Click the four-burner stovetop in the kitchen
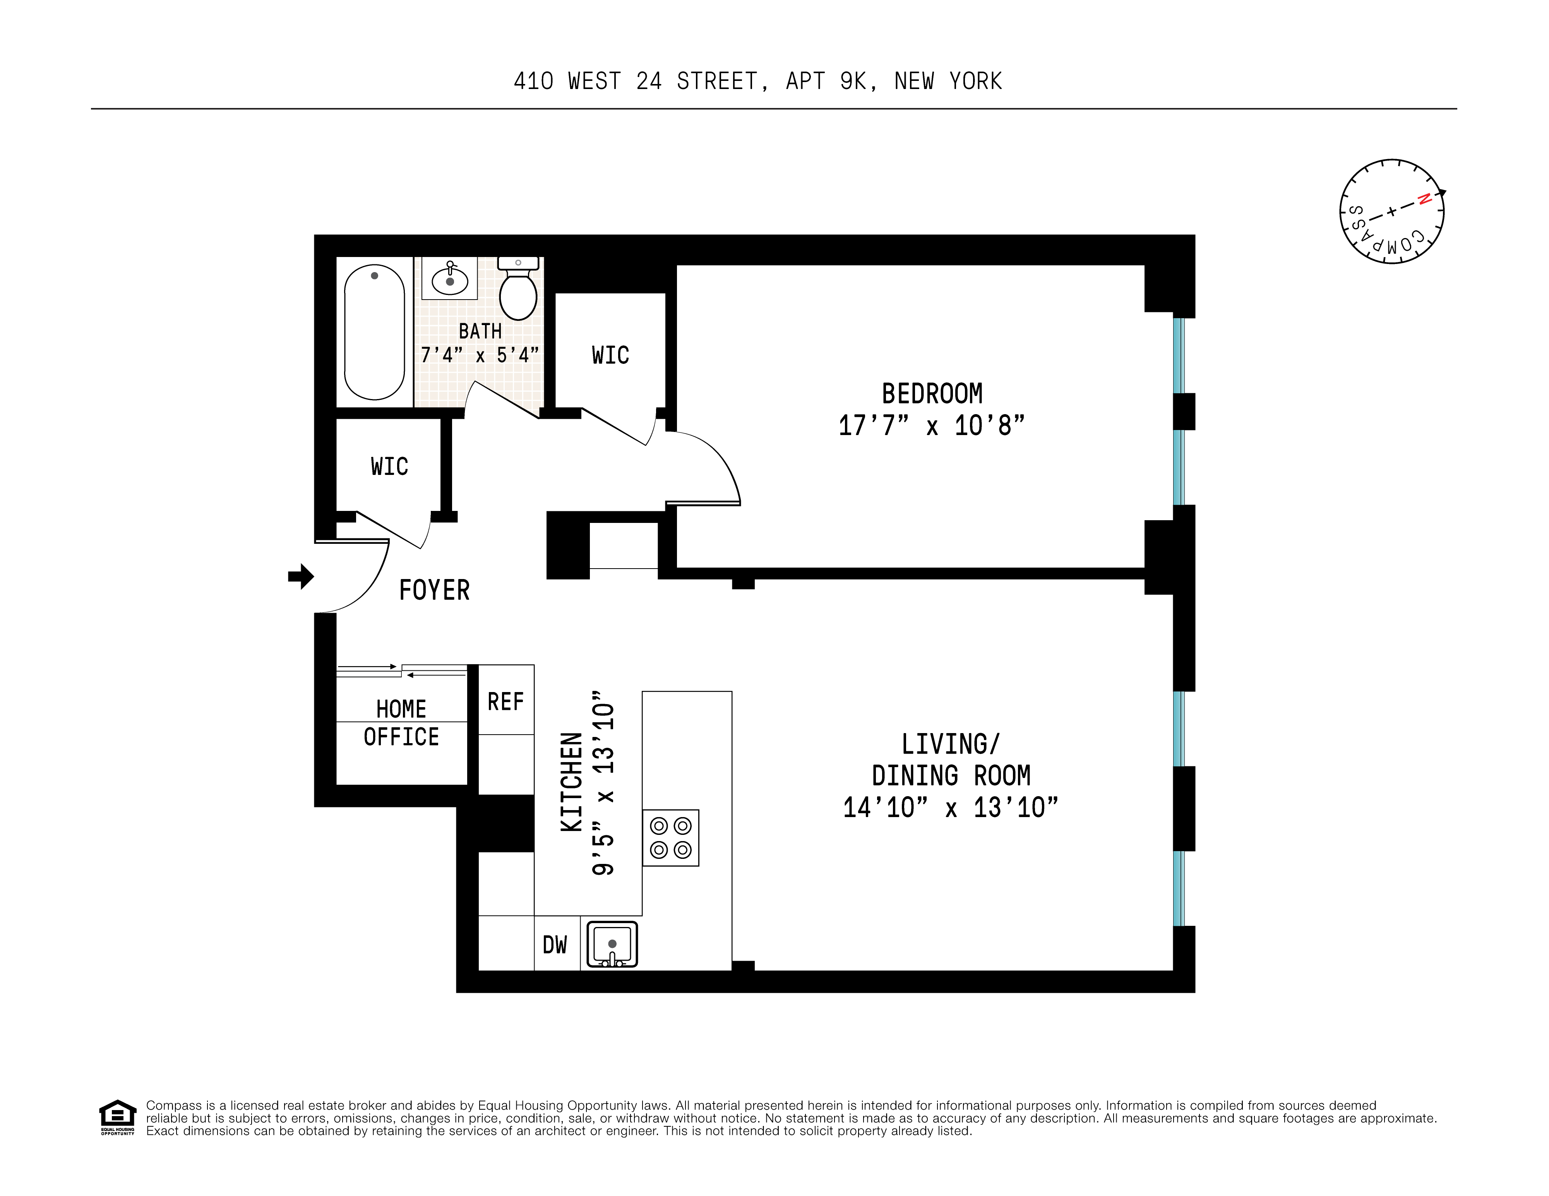coord(671,838)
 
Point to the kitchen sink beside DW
coord(612,944)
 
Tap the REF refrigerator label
coord(506,702)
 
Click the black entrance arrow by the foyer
coord(301,576)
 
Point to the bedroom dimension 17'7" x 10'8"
coord(931,426)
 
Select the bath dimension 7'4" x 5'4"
coord(480,355)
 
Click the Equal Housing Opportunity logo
coord(117,1117)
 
